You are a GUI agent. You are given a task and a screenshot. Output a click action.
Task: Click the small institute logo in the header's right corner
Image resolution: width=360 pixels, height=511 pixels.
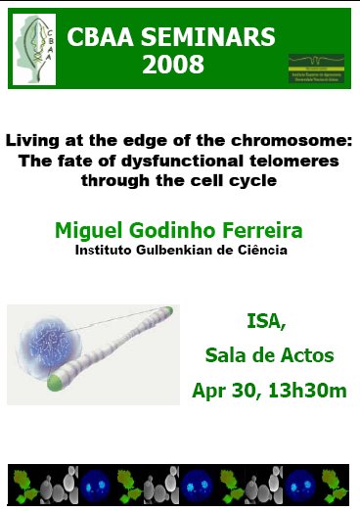point(315,69)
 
